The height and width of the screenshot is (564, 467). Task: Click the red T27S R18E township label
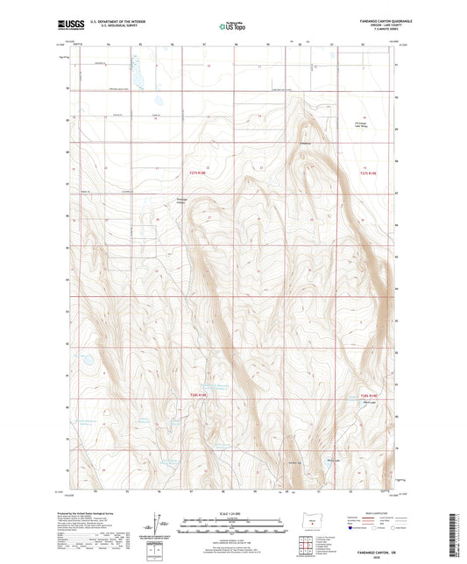tap(203, 173)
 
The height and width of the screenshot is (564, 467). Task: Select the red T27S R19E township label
tap(372, 173)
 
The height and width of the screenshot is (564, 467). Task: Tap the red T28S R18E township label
tap(203, 395)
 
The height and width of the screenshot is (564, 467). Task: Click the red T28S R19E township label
tap(373, 395)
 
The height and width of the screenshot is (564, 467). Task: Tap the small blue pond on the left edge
tap(87, 359)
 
